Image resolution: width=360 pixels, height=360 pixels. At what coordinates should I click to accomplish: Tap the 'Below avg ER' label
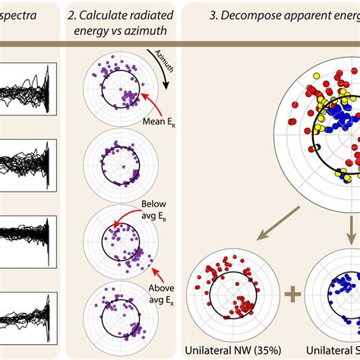[x=155, y=210]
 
